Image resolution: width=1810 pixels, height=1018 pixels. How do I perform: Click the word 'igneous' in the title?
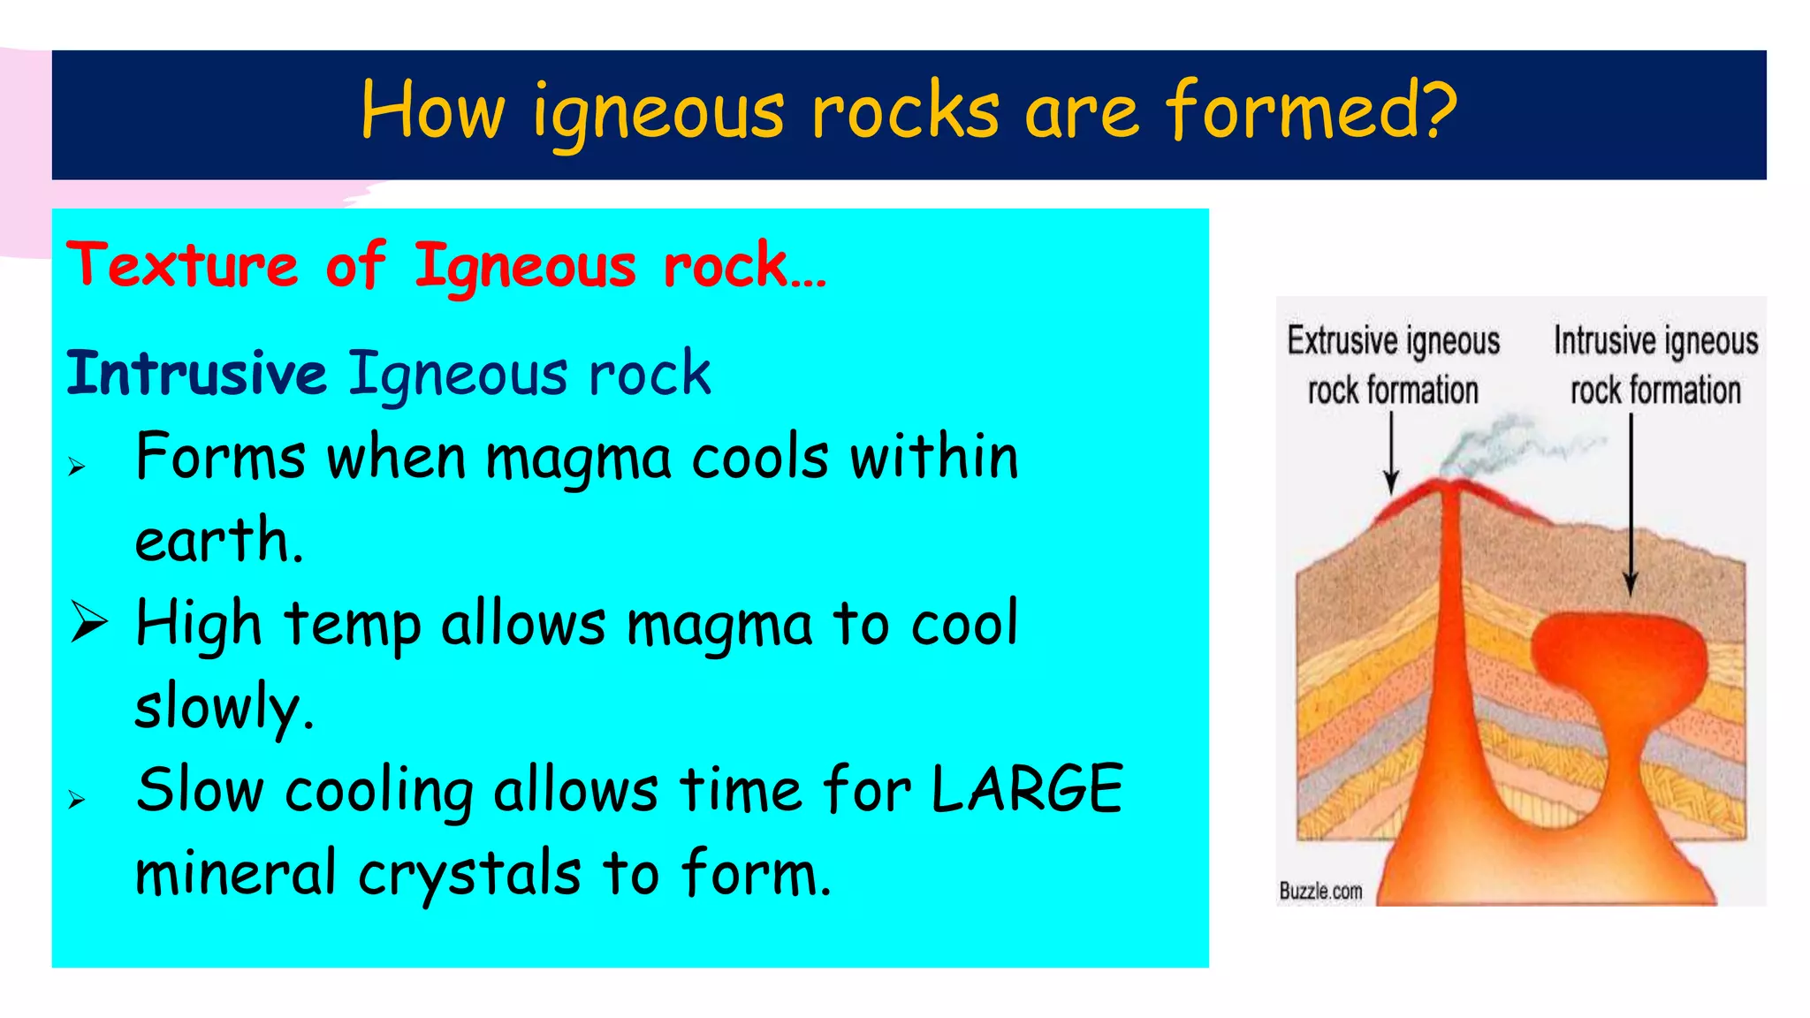coord(658,113)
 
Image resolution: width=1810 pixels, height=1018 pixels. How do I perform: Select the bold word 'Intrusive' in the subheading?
coord(196,373)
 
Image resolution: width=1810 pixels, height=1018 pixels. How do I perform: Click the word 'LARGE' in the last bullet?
coord(1027,788)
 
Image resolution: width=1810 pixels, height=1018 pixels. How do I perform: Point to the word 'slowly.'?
coord(224,707)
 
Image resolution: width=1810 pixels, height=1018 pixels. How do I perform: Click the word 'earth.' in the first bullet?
coord(219,539)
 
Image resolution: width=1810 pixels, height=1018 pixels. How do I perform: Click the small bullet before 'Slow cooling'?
coord(77,801)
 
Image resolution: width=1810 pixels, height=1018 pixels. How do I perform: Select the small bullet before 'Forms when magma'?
coord(77,467)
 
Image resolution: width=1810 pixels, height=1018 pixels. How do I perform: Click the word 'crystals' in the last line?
coord(469,873)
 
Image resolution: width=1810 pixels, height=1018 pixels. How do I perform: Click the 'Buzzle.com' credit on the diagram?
coord(1320,891)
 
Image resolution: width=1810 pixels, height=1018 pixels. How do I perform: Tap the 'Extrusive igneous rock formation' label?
coord(1393,364)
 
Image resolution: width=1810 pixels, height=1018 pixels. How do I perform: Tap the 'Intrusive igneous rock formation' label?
coord(1655,364)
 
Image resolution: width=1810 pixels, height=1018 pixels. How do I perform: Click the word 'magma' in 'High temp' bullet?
coord(719,624)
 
